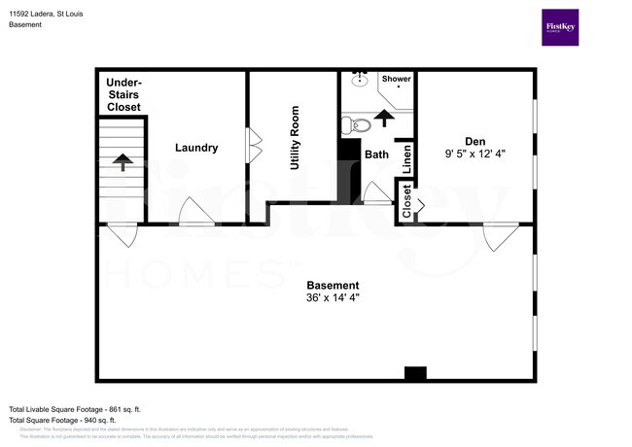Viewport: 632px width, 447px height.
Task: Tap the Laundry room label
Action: click(196, 148)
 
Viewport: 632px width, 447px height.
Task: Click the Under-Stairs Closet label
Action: click(123, 94)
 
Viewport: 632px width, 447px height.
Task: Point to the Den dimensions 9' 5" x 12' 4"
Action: click(475, 153)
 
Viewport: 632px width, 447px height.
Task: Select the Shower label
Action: click(396, 79)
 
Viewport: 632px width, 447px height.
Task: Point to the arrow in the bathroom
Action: click(385, 118)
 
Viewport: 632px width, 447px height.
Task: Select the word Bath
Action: click(376, 154)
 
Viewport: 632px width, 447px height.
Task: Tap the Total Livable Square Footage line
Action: click(75, 409)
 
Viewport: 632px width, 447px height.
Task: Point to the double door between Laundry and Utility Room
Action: click(255, 147)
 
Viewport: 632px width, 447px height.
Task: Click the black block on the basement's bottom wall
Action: click(415, 372)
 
